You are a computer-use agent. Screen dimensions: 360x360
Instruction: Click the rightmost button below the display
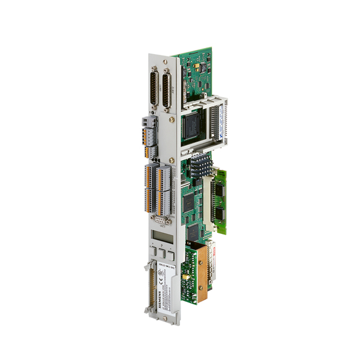click(171, 257)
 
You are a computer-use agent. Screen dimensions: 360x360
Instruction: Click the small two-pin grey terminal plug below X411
click(146, 124)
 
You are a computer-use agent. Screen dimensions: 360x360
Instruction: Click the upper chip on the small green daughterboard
click(220, 192)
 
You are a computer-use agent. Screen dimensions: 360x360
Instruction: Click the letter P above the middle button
click(162, 247)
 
